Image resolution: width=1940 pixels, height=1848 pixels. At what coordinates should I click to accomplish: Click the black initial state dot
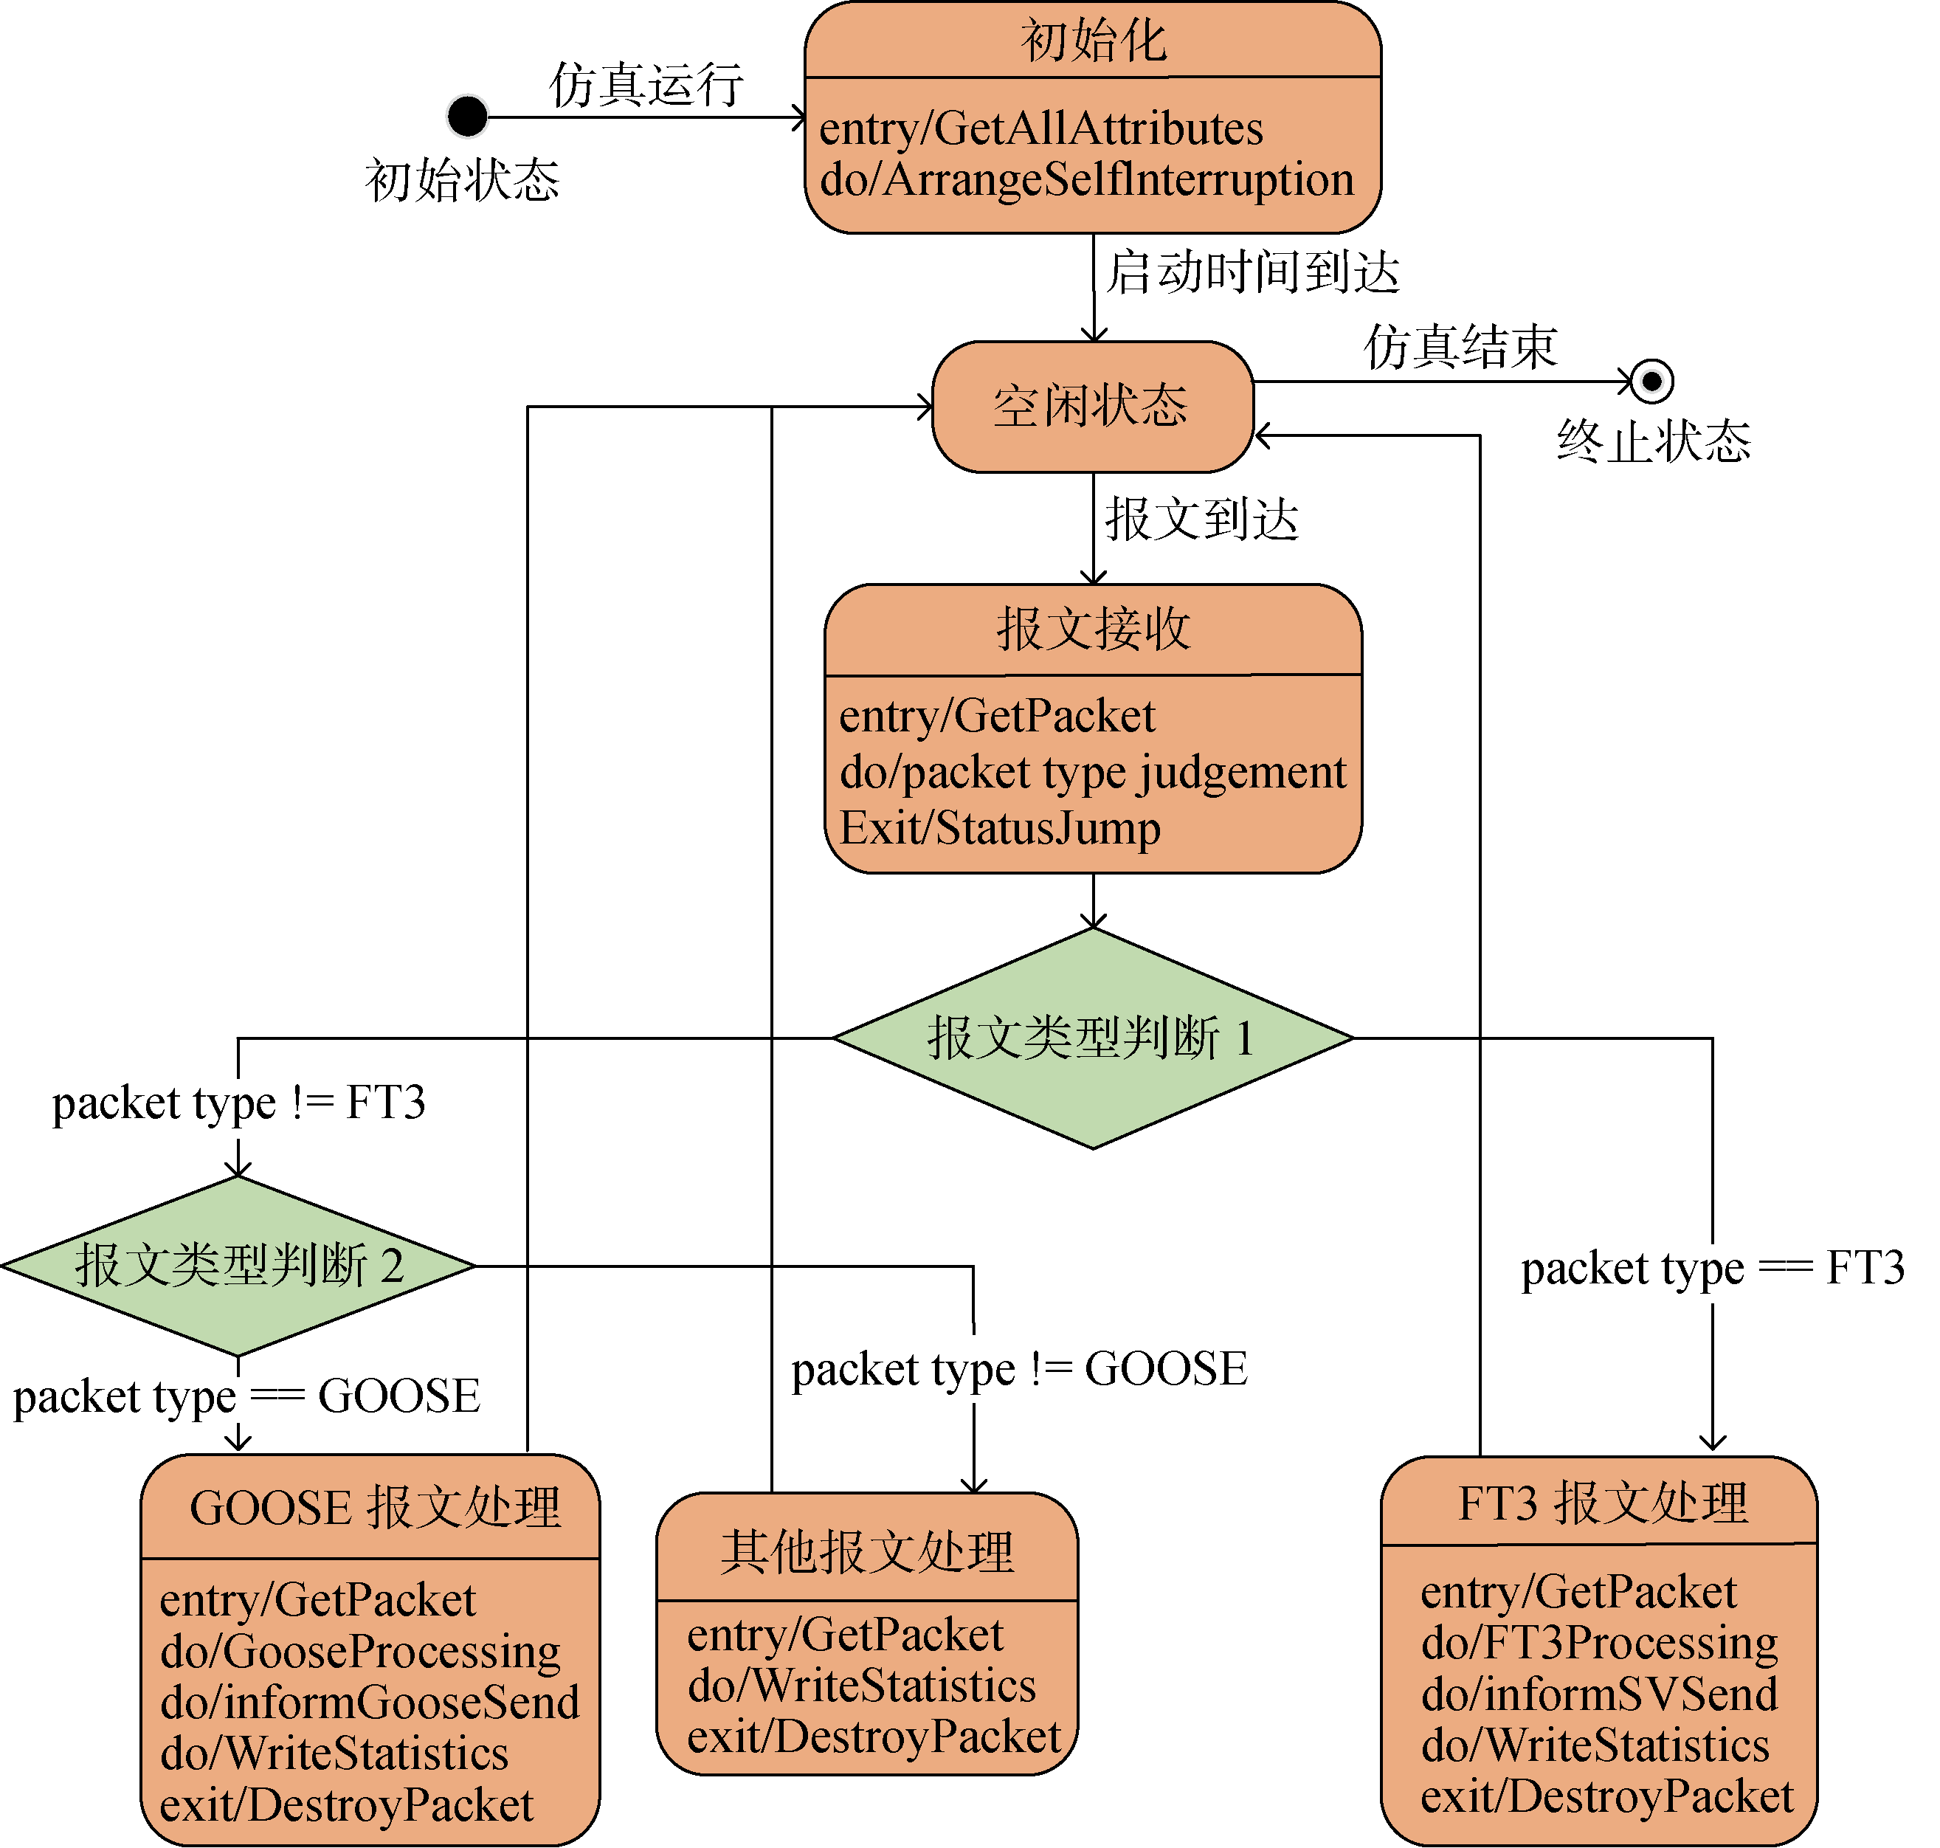467,117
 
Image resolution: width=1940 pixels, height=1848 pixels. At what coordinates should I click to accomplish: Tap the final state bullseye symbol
1651,382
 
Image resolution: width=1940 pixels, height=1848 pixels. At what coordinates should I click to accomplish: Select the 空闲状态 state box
1092,407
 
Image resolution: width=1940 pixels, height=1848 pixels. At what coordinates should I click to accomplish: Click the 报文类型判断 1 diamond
1092,1038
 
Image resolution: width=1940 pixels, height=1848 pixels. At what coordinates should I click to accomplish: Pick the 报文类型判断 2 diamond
238,1266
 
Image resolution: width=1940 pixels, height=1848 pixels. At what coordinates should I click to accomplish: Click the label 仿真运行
646,85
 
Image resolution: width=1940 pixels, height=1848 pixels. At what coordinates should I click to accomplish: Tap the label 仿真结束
1460,347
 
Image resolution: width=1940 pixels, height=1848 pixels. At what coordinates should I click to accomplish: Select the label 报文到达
1201,519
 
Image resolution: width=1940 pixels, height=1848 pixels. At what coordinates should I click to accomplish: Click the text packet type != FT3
238,1103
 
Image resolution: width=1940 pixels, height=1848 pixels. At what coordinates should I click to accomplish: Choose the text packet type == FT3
1713,1268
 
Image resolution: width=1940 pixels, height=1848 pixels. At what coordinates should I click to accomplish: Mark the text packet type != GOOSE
1019,1369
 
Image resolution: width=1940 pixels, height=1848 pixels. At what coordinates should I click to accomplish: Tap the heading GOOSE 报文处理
374,1509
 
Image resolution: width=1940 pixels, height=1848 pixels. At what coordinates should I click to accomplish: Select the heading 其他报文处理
866,1553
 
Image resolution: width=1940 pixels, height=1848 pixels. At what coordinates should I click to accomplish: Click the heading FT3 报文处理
1602,1504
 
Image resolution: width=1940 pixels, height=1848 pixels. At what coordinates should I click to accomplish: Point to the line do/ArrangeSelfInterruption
1086,180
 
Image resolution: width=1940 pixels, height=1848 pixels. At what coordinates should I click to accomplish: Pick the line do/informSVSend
1599,1694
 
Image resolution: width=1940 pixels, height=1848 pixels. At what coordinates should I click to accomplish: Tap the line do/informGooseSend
369,1702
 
